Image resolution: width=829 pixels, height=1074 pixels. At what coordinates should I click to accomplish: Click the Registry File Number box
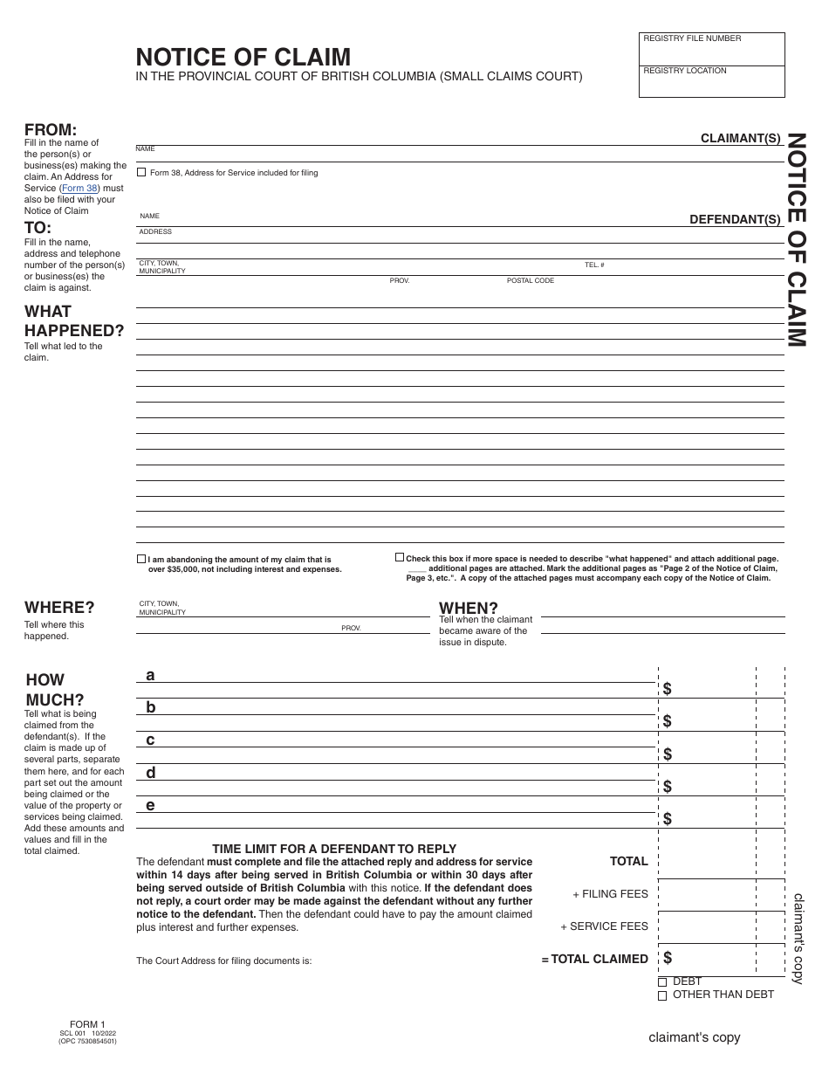712,49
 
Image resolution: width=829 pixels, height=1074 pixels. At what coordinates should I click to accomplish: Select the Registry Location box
712,81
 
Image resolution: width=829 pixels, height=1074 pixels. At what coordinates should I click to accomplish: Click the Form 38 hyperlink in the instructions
85,188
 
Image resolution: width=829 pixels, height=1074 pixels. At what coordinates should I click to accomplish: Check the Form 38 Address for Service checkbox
141,173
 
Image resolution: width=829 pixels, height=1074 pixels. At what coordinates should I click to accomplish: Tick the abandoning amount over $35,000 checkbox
141,559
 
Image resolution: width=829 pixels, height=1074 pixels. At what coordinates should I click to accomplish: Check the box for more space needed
400,557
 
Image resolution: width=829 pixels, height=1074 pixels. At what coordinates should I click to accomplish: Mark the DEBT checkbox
662,982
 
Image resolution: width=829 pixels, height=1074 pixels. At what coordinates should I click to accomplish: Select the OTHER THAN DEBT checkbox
662,995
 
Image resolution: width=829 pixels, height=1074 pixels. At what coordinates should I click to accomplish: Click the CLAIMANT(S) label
740,138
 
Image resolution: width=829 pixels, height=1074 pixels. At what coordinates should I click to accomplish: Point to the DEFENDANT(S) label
735,220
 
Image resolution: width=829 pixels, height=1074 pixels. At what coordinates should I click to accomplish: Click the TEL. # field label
594,265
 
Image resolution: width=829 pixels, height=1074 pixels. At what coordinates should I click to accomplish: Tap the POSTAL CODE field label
531,281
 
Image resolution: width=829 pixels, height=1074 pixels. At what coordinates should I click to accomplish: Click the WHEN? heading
469,608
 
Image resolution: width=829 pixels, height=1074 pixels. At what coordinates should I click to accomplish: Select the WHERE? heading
59,608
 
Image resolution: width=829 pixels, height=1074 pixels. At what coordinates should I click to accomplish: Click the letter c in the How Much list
150,740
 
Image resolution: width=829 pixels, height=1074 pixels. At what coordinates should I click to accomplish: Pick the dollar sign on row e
668,819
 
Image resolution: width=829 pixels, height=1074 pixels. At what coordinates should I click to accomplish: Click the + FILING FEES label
610,894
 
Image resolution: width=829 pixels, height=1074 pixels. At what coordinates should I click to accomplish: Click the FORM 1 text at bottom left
87,1024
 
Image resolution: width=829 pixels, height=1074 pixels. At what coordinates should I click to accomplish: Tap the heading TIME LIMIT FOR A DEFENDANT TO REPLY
334,849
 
